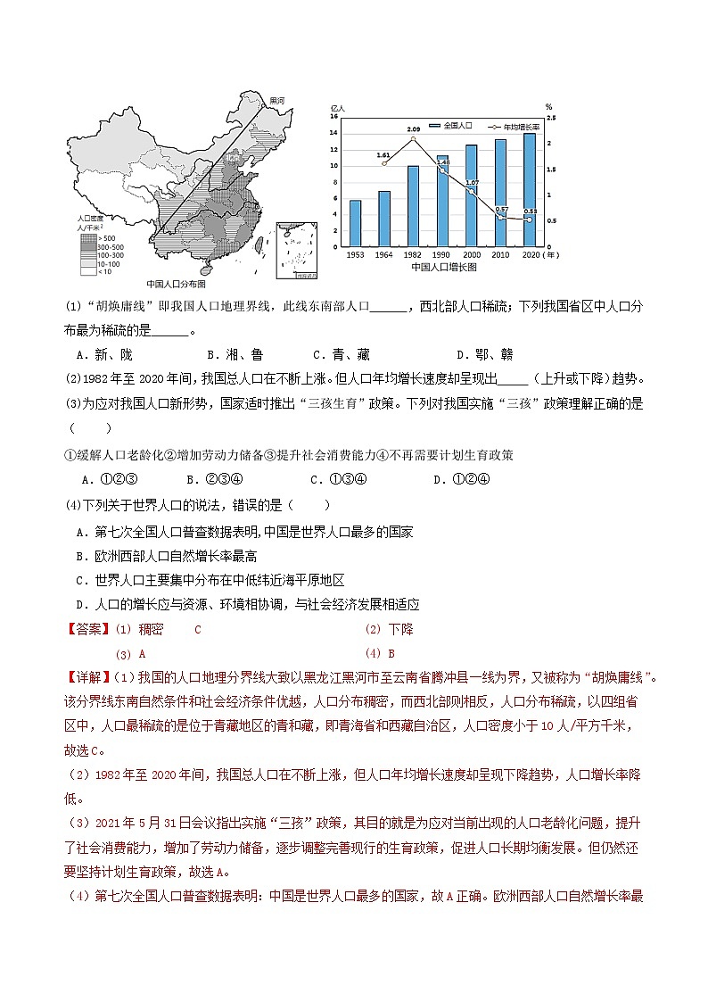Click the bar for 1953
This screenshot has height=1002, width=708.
click(355, 222)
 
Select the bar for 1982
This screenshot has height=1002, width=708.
click(414, 205)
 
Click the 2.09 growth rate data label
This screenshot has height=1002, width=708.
click(413, 130)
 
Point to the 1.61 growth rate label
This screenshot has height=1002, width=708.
click(383, 154)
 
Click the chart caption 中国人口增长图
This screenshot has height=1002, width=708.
click(443, 267)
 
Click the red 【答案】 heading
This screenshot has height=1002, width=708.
click(87, 629)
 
